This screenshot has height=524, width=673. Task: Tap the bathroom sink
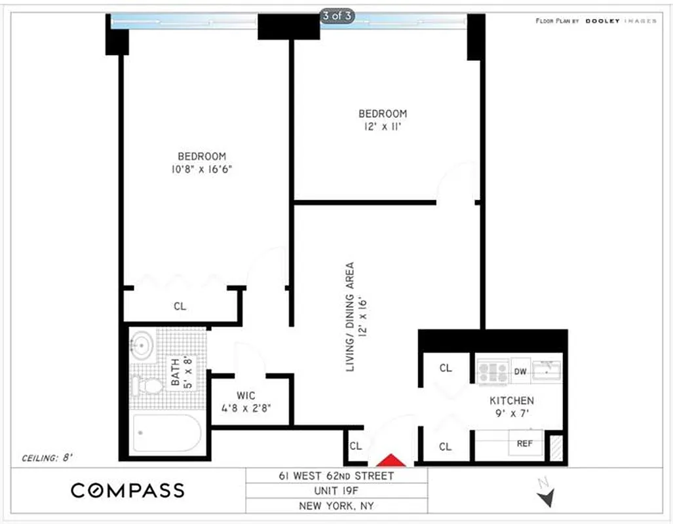pyautogui.click(x=142, y=345)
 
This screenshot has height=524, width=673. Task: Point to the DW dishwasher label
pyautogui.click(x=520, y=371)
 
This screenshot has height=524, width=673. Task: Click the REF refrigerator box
pyautogui.click(x=525, y=443)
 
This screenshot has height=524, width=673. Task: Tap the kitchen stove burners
pyautogui.click(x=492, y=372)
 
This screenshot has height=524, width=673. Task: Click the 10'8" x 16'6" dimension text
pyautogui.click(x=202, y=169)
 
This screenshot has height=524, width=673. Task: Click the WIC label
pyautogui.click(x=246, y=396)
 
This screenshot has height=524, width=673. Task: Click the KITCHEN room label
pyautogui.click(x=512, y=400)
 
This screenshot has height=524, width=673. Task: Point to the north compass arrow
pyautogui.click(x=545, y=496)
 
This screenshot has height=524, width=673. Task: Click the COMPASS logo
pyautogui.click(x=128, y=490)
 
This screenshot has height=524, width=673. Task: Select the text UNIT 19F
pyautogui.click(x=337, y=491)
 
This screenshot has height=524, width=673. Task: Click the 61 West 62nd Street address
pyautogui.click(x=337, y=476)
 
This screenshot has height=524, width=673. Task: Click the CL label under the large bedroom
pyautogui.click(x=180, y=305)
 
